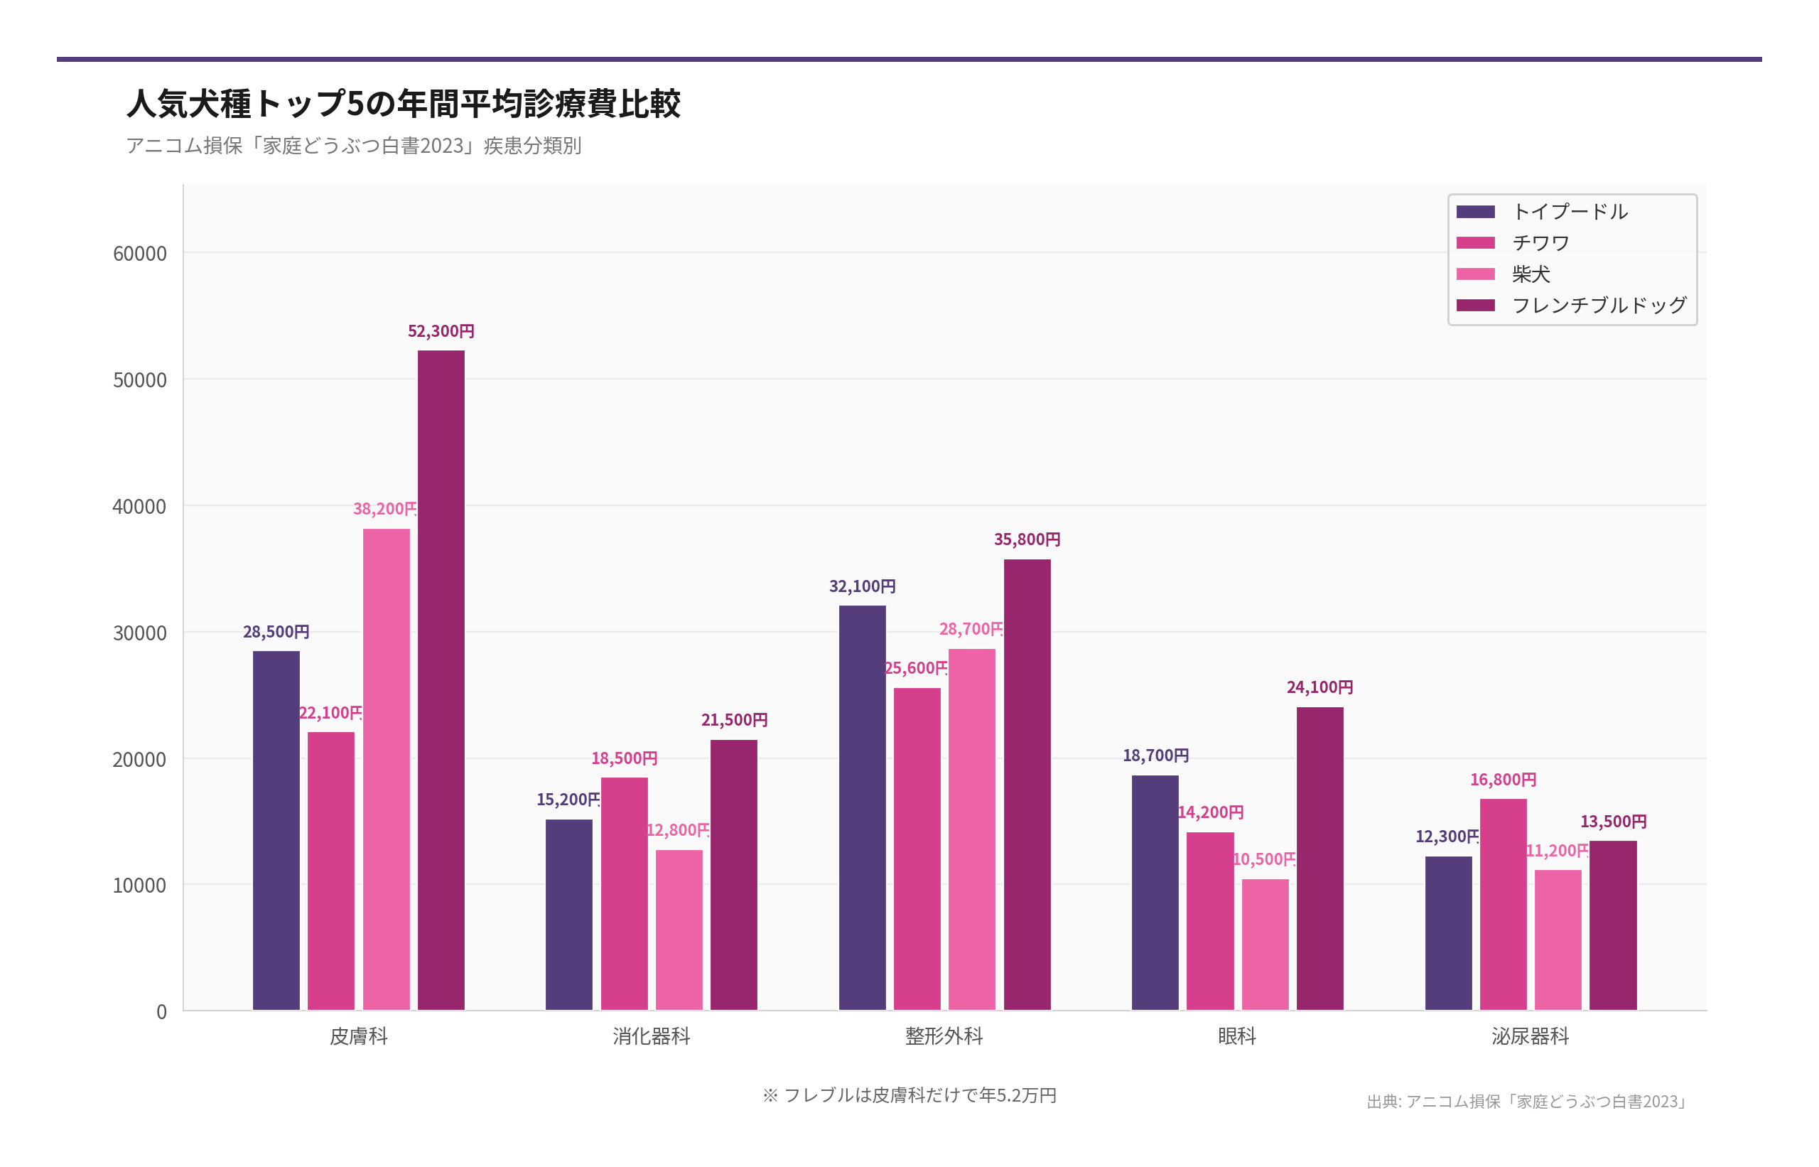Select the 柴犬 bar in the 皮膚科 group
[386, 768]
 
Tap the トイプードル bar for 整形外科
[862, 807]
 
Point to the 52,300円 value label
[441, 331]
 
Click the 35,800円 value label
[1027, 539]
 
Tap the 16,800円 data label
[1503, 780]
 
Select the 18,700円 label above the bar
[1155, 755]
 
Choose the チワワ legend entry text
[1540, 243]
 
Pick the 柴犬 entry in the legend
[1531, 274]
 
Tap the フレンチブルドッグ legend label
[1599, 306]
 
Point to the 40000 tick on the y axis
[139, 506]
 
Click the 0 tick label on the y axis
[161, 1011]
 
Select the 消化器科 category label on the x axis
[652, 1036]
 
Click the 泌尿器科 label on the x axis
[1531, 1036]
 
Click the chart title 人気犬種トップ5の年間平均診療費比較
[403, 104]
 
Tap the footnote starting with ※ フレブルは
[909, 1095]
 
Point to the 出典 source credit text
[1526, 1101]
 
